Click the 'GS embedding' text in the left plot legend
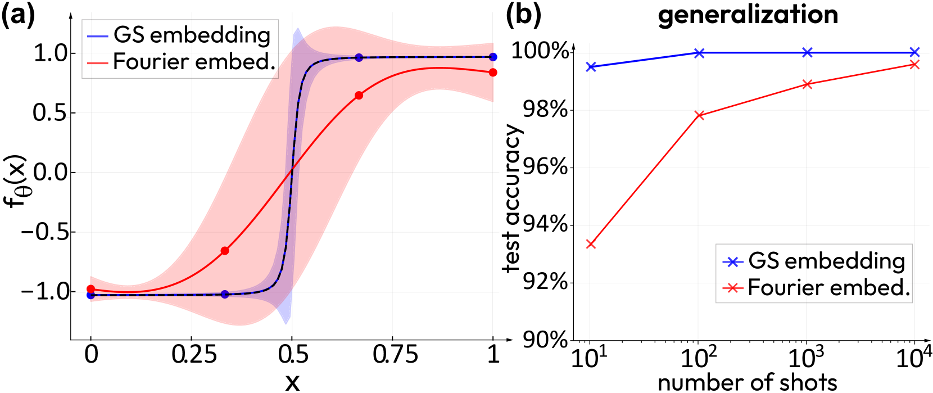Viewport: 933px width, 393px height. [x=192, y=35]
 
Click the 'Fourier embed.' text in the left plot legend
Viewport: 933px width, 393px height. [x=194, y=62]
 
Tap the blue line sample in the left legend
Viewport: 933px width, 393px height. [x=98, y=37]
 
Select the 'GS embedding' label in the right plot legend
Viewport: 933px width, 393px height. [x=827, y=261]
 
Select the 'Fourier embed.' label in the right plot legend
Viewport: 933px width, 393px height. [x=829, y=288]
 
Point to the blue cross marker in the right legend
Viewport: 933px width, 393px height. [x=732, y=262]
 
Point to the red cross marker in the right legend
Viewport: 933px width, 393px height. [x=732, y=288]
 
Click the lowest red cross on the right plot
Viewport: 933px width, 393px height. [x=590, y=244]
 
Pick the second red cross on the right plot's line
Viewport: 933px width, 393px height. [x=699, y=116]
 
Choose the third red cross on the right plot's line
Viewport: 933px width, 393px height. [x=807, y=84]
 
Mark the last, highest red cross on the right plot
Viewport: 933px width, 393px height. [x=914, y=65]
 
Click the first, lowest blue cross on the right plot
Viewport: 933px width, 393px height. [x=591, y=67]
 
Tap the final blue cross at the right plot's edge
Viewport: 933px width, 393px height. [x=914, y=52]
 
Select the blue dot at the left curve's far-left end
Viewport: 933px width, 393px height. [x=91, y=295]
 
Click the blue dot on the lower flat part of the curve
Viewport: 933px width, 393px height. [x=225, y=294]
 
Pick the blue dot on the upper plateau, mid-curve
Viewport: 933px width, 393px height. [x=359, y=58]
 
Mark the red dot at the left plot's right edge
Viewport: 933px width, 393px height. [x=493, y=72]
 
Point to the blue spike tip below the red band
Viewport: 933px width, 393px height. [x=287, y=323]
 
